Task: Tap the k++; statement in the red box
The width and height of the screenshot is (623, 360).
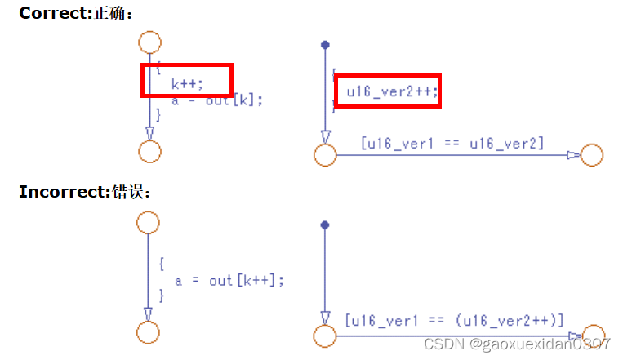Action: (187, 82)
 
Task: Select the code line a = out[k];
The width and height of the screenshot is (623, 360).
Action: (217, 100)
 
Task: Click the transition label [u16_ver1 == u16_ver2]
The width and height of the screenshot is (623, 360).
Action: (452, 144)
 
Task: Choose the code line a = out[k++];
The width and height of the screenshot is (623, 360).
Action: (229, 280)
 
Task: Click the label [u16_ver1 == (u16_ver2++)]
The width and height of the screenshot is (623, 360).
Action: (454, 319)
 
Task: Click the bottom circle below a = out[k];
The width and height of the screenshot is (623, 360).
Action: (149, 152)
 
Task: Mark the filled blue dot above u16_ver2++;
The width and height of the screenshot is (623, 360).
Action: (325, 44)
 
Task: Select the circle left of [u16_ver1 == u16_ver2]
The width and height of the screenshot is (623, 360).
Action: (325, 155)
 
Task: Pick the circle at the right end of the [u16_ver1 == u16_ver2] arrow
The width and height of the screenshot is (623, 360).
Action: (591, 155)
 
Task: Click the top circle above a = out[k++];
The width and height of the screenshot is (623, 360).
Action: (148, 221)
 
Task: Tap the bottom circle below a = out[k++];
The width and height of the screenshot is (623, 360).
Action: (148, 332)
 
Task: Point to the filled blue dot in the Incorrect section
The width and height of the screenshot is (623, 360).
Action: (325, 224)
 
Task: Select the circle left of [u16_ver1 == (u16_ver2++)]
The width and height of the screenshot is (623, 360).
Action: (325, 335)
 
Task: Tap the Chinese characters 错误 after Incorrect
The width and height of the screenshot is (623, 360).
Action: (133, 192)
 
